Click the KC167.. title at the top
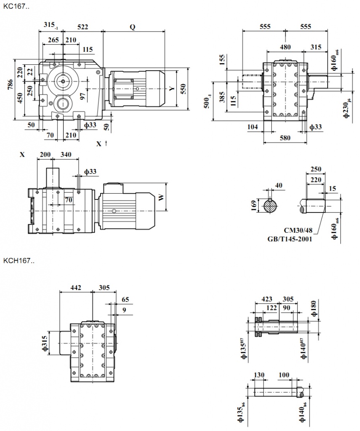(16, 7)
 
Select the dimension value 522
(82, 27)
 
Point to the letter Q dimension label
(132, 27)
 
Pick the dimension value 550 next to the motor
(183, 88)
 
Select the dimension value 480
(286, 47)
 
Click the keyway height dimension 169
(253, 206)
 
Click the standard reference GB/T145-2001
(291, 239)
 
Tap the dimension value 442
(76, 288)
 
